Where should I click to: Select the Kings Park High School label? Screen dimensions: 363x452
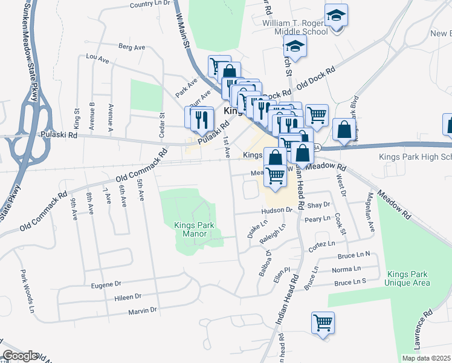pos(416,157)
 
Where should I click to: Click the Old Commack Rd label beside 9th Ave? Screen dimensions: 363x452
pos(44,212)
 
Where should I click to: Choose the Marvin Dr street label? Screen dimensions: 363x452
pos(142,310)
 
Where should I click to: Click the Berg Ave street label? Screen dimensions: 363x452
pos(132,47)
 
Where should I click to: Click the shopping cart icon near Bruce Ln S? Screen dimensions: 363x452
pos(323,322)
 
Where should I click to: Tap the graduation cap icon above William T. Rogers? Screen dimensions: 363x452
pos(336,15)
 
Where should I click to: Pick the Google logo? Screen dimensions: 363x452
pos(20,356)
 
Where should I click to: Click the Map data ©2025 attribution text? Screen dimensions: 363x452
pos(426,358)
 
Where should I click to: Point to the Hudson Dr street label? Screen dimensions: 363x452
pos(277,211)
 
